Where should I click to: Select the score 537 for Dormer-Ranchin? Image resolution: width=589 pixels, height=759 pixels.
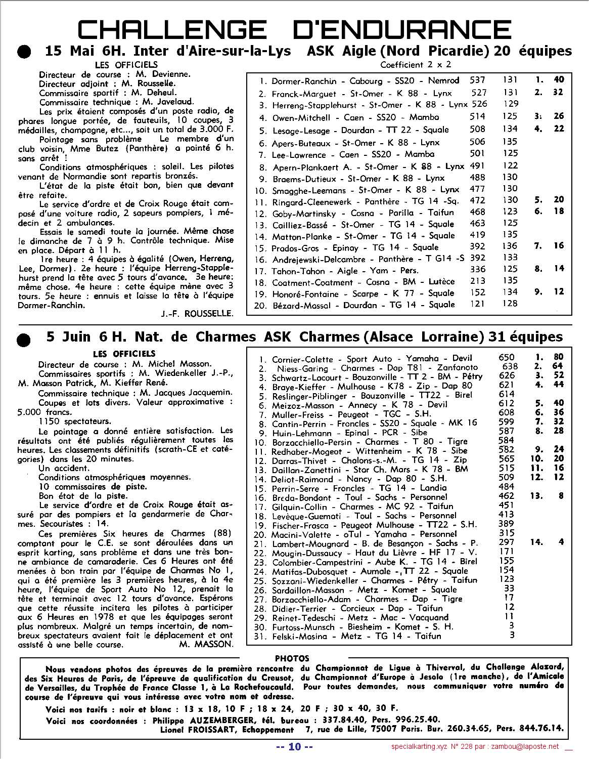(x=477, y=80)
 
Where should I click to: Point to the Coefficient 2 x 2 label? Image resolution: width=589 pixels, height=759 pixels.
(x=415, y=65)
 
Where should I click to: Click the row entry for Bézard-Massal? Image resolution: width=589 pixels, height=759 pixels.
(x=354, y=305)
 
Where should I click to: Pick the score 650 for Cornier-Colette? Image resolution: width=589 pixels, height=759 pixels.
(x=506, y=357)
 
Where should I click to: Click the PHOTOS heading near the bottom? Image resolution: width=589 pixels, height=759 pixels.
(x=292, y=658)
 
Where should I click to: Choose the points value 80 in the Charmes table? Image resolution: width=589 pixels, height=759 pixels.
(x=558, y=357)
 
